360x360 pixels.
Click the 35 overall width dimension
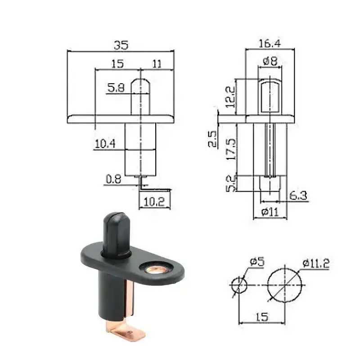(x=121, y=45)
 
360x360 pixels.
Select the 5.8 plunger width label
(x=116, y=88)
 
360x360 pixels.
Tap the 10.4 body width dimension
(x=105, y=144)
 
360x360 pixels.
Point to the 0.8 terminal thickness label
(x=113, y=179)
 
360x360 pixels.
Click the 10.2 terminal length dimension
(x=154, y=202)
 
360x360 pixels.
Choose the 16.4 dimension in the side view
(x=270, y=43)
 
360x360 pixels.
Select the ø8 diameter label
(x=270, y=61)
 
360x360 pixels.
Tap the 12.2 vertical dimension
(x=230, y=97)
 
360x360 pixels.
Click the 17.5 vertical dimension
(x=231, y=149)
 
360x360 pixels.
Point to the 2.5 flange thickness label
(x=212, y=139)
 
